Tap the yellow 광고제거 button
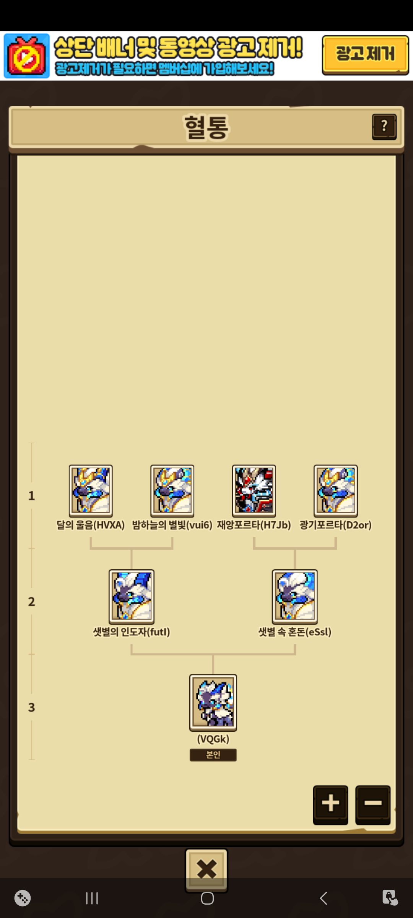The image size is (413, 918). pos(365,54)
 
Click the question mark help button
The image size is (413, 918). pos(384,127)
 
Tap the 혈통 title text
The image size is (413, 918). pos(206,127)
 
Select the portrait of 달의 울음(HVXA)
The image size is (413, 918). pos(91,491)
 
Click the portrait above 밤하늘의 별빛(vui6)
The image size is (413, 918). pos(172,491)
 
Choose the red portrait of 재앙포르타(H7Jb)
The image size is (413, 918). pos(254,491)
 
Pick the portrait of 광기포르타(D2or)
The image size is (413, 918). pos(335,491)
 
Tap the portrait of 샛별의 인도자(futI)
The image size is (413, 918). pos(132,596)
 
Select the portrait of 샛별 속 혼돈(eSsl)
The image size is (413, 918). pos(294,596)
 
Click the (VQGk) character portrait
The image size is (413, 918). pos(213,702)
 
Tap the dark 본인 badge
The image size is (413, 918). pos(213,755)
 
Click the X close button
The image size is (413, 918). pos(206,869)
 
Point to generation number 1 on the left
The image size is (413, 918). pos(31,496)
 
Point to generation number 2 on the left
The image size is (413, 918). pos(31,602)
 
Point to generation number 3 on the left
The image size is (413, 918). pos(31,708)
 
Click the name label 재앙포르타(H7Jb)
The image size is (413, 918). pos(254,525)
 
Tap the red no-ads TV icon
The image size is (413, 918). pos(27,56)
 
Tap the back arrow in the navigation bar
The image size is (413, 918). pos(324,898)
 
